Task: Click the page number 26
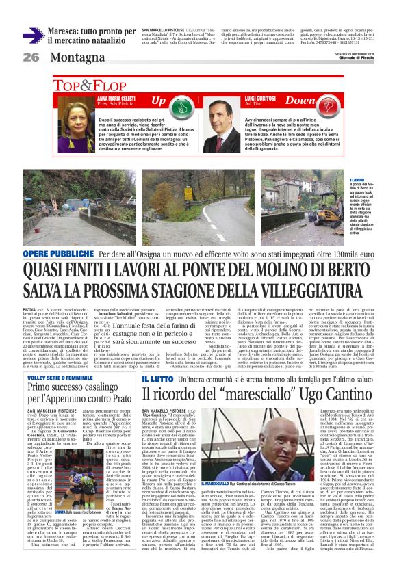click(31, 57)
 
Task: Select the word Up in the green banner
click(158, 101)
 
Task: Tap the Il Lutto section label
click(157, 360)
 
